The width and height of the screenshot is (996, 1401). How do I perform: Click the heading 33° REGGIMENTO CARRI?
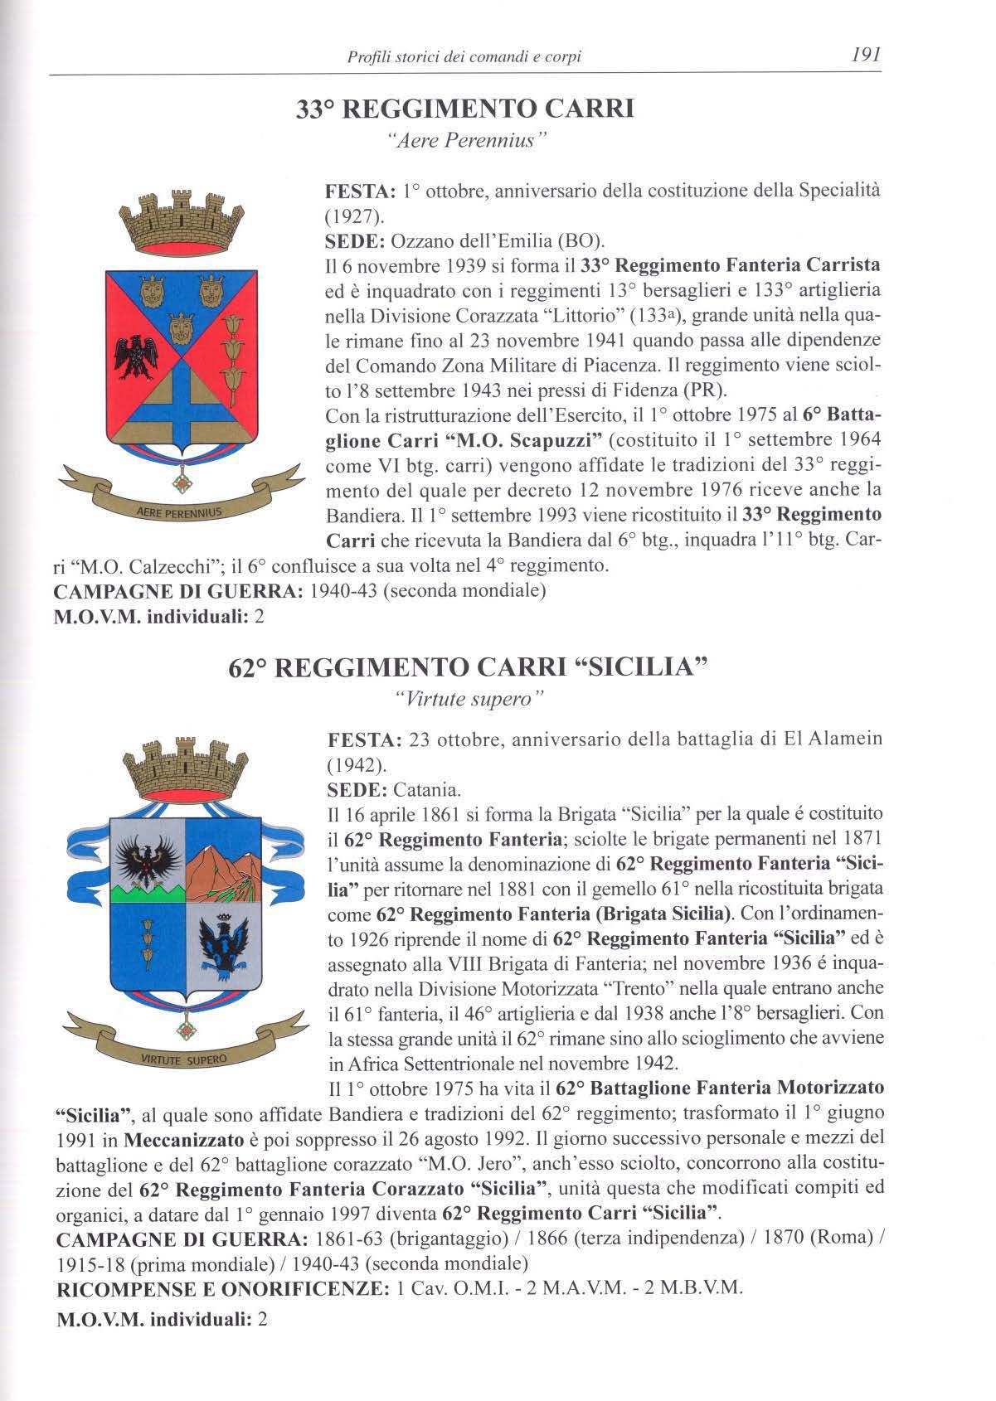[x=465, y=109]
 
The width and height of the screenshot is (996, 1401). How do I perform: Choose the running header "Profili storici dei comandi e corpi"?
[x=464, y=57]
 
